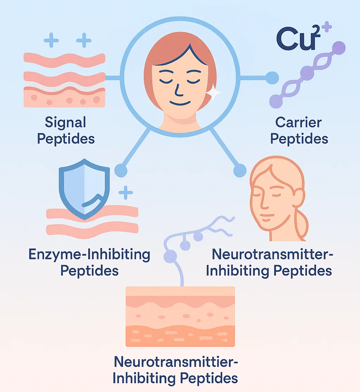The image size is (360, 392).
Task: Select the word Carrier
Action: [298, 122]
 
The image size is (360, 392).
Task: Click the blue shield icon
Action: [84, 189]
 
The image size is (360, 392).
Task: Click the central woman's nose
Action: [179, 90]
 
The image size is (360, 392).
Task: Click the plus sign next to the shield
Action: [126, 192]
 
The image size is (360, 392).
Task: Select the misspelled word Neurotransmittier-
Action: [176, 362]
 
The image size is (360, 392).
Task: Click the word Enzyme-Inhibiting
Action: [89, 255]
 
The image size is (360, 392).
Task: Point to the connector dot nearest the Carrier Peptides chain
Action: [272, 78]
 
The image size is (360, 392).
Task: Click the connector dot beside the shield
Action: [121, 171]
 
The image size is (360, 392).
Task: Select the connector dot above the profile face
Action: [240, 171]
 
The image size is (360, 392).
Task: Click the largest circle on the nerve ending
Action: [170, 256]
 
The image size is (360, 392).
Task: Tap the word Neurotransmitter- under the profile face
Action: [272, 254]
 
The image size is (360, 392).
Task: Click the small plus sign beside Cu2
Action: [327, 27]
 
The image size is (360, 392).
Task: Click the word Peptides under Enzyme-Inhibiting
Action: [89, 271]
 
